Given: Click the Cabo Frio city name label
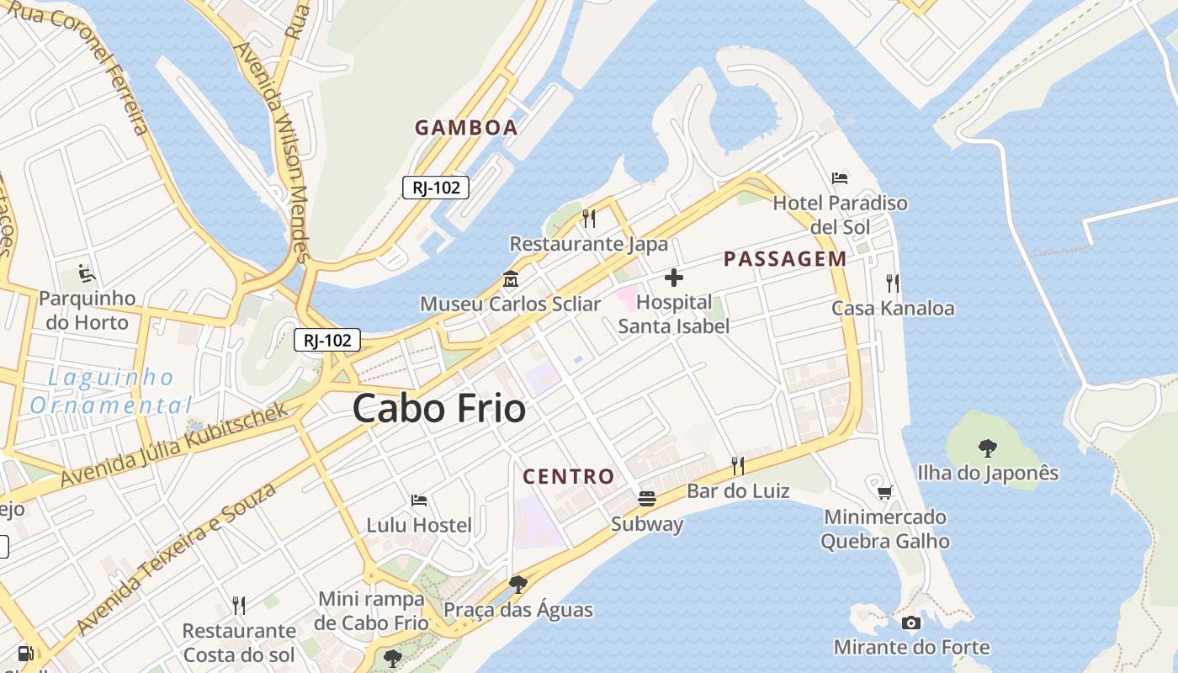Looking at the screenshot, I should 439,409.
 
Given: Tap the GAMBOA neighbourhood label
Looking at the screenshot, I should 466,128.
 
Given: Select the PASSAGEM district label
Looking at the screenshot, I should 785,259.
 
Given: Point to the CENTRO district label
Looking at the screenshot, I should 569,477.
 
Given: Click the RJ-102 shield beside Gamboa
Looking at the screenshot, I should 435,188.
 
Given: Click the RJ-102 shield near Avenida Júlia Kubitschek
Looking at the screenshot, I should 327,340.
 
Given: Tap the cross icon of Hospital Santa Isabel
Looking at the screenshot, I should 673,277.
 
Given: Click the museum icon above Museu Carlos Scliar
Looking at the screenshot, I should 510,278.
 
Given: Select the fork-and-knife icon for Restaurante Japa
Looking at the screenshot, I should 589,219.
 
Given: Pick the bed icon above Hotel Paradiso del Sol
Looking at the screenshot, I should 840,178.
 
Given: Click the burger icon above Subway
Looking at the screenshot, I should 646,498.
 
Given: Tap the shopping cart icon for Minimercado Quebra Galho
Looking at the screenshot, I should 884,492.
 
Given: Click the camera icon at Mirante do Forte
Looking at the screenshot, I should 910,623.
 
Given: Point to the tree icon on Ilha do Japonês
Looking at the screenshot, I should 987,448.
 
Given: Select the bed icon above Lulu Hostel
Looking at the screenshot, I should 419,501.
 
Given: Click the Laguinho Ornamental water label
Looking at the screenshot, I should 111,391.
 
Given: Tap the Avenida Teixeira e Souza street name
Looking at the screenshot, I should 177,559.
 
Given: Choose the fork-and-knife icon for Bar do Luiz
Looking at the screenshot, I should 738,465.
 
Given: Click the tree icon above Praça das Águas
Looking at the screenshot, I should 518,584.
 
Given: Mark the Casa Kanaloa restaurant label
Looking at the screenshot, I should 893,308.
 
